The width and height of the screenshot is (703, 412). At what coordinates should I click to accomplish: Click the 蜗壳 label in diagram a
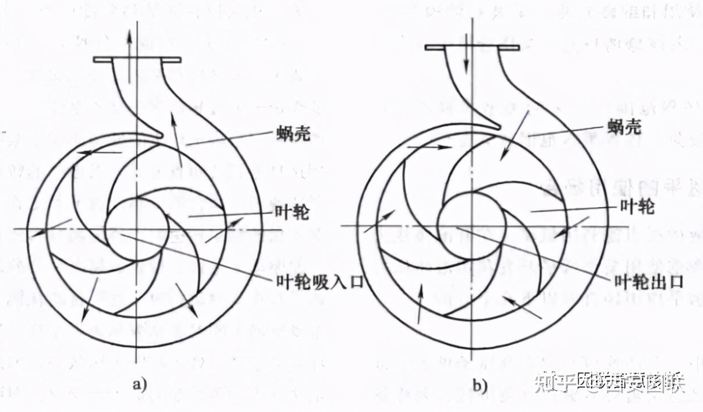point(293,136)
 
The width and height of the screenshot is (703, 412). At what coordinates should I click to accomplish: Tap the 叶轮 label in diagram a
point(293,213)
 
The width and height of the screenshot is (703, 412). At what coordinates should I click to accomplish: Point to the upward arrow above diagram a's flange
point(129,41)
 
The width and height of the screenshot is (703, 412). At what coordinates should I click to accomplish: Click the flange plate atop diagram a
point(138,59)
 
